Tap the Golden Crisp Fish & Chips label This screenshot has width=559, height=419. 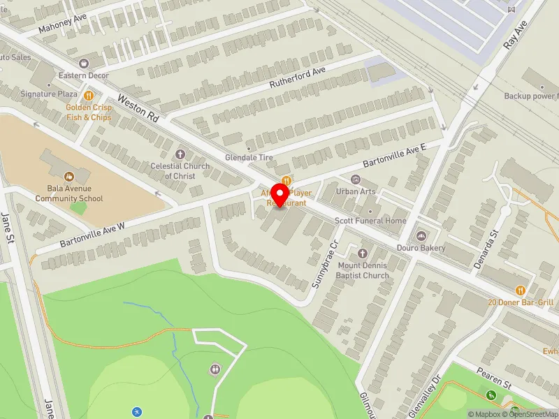(x=88, y=112)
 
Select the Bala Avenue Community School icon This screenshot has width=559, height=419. (x=69, y=177)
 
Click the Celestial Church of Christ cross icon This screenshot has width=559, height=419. (x=180, y=154)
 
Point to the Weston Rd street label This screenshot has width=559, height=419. (x=138, y=108)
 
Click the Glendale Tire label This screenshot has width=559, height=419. (x=249, y=158)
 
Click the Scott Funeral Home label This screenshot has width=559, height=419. (x=370, y=221)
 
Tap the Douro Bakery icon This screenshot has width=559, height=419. (x=421, y=236)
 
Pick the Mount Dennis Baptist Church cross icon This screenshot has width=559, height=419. (x=363, y=253)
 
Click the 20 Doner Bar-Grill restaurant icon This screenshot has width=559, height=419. (x=521, y=290)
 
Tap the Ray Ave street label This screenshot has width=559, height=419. (x=514, y=34)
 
